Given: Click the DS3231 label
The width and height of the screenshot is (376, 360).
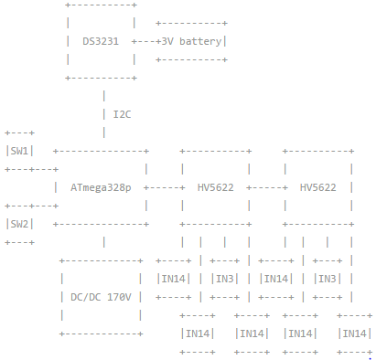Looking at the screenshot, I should pos(101,41).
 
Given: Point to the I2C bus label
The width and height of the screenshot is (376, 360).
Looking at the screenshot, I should pos(122,114).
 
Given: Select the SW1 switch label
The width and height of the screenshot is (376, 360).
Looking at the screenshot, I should pos(19,151).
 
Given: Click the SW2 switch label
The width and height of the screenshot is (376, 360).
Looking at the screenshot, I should pos(19,224).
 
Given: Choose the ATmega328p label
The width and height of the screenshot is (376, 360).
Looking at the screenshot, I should pos(101,187).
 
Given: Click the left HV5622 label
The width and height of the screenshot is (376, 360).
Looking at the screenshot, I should pos(216,187).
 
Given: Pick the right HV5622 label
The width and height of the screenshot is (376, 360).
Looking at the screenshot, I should pos(318,187).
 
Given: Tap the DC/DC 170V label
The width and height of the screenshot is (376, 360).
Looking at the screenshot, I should pos(101,297).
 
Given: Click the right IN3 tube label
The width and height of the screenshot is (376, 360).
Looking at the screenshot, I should pos(328,279).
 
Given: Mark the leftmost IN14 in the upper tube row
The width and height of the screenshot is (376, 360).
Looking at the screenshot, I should pos(174,279).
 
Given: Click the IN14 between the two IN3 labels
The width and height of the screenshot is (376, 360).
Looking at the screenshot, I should pos(276,279).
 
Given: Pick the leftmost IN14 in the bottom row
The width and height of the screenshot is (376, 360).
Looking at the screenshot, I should pos(199,334).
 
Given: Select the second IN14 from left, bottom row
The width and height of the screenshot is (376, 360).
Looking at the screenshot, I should pos(251,334).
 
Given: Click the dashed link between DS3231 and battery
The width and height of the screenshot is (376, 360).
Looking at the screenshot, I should pos(145,41).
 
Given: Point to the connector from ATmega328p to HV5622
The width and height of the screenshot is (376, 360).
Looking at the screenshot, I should pos(165,187).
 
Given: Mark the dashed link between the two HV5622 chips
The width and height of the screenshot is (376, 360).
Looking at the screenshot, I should pos(267,187).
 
